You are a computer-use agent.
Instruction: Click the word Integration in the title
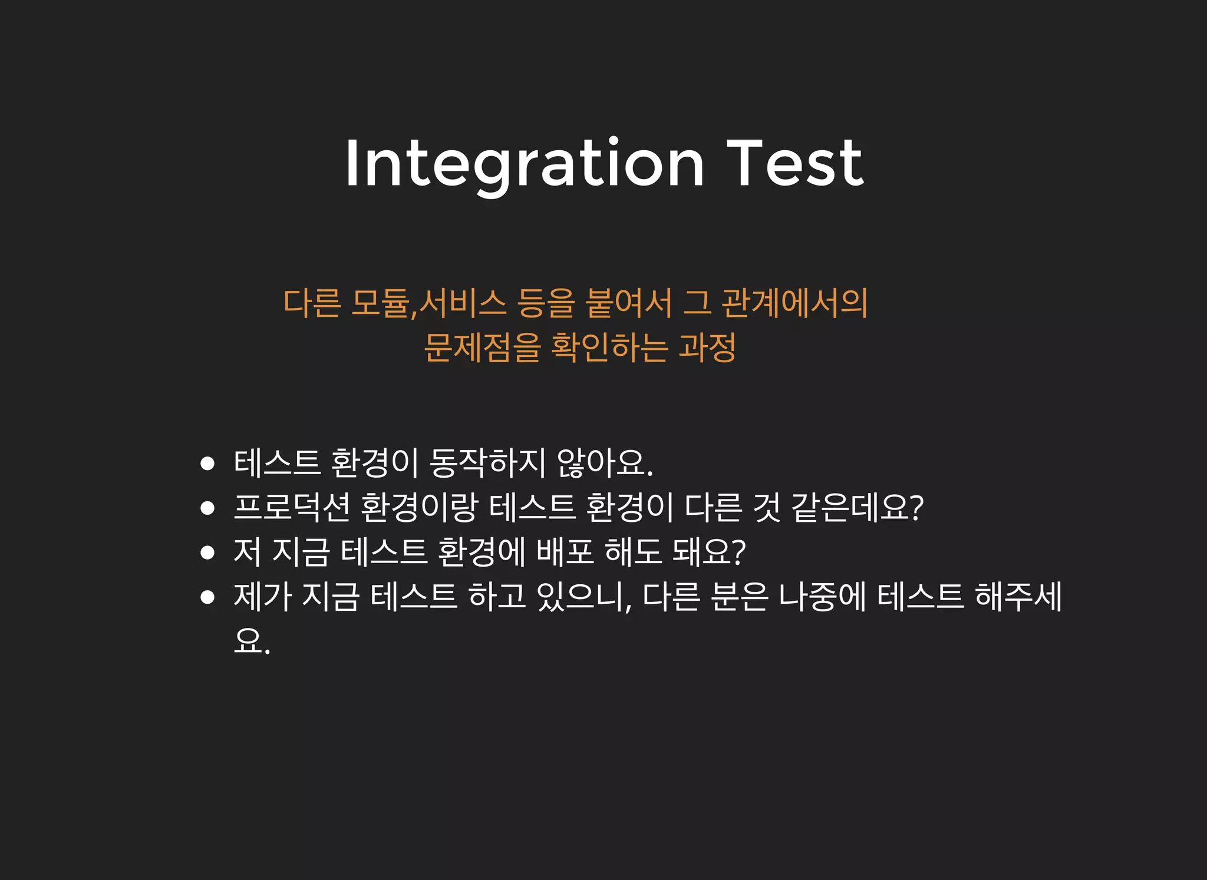[x=524, y=164]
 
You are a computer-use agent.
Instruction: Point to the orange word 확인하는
[x=609, y=348]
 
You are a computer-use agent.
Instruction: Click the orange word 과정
[x=707, y=348]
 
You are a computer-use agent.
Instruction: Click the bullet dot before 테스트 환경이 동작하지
[x=207, y=464]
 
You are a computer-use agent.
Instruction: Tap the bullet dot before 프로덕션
[x=207, y=508]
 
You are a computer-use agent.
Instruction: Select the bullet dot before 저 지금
[x=207, y=553]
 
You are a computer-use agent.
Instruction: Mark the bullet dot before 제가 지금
[x=207, y=597]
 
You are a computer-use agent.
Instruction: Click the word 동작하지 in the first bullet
[x=487, y=463]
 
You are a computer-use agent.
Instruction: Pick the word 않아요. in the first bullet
[x=605, y=463]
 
